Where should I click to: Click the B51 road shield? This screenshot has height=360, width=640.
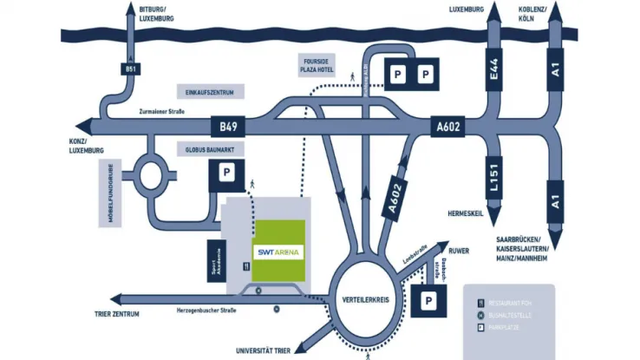pos(130,69)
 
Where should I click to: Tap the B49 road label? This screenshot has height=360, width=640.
pos(228,127)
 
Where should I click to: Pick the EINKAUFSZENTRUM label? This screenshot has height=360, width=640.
pos(210,92)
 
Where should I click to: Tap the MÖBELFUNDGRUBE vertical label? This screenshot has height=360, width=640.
pos(111,193)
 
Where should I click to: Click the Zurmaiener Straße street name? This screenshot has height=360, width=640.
pos(162,112)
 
